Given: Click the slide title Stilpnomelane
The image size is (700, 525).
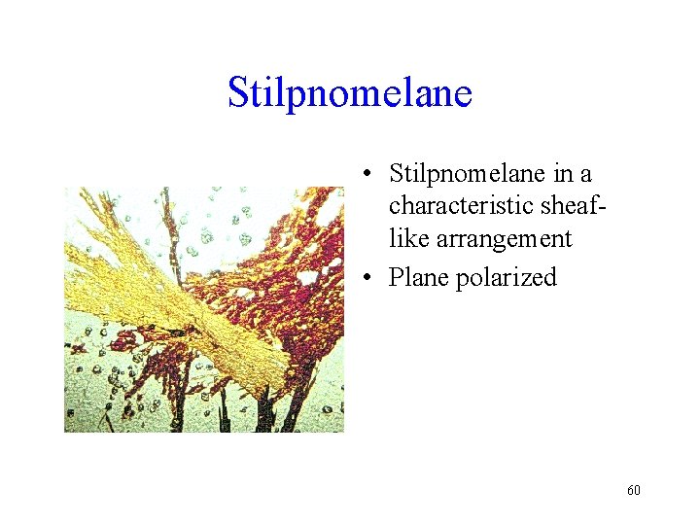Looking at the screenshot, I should click(350, 92).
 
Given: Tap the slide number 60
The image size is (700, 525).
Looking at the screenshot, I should click(634, 490).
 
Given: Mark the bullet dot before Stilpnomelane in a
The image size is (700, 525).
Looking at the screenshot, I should click(367, 175).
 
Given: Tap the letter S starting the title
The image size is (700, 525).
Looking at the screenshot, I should click(239, 93).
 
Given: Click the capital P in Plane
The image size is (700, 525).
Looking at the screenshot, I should click(396, 278).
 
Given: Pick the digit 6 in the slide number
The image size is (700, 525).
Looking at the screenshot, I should click(630, 490).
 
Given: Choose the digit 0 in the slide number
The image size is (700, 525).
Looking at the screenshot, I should click(638, 490).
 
